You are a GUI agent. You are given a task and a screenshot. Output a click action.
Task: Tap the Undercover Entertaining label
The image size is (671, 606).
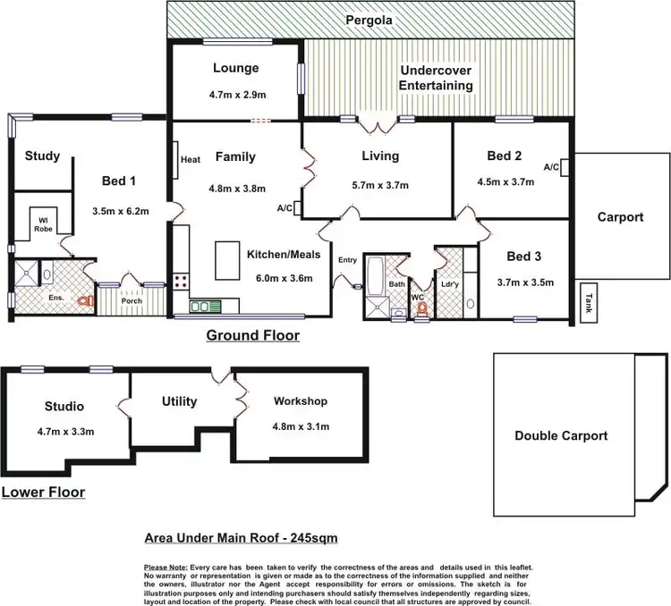[437, 78]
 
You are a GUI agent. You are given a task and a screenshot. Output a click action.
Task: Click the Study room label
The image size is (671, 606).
[42, 156]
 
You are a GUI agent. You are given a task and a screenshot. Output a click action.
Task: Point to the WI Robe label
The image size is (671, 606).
[43, 223]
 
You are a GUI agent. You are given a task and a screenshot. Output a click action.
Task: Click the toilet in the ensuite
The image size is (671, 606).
[86, 302]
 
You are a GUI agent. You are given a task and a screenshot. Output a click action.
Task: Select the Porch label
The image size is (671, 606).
[132, 301]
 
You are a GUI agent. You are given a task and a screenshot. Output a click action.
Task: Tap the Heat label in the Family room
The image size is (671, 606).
[190, 160]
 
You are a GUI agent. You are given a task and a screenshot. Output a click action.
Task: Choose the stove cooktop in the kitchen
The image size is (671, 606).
[181, 280]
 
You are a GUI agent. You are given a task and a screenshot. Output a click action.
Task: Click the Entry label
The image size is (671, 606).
[347, 260]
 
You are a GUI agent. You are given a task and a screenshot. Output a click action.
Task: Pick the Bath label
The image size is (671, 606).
[396, 284]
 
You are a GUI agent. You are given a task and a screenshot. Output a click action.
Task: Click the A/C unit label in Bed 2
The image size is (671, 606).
[551, 167]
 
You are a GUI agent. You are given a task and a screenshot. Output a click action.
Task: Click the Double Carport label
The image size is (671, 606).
[561, 436]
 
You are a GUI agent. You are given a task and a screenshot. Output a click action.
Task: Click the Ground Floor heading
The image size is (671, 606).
[253, 336]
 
